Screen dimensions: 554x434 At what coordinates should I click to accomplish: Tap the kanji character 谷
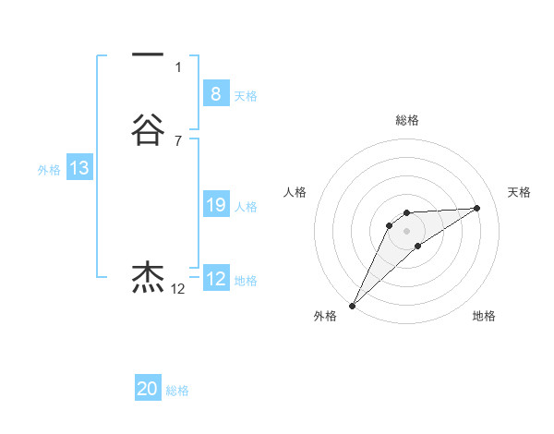(x=148, y=130)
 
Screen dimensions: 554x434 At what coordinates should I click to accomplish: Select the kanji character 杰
(x=148, y=276)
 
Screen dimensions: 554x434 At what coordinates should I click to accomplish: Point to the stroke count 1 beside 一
(x=178, y=66)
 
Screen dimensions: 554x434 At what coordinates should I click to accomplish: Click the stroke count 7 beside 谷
(x=178, y=140)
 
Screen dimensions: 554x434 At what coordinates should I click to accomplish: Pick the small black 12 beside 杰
(x=178, y=289)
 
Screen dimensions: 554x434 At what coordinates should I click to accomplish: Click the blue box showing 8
(x=215, y=94)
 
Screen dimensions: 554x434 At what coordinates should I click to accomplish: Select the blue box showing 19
(x=215, y=205)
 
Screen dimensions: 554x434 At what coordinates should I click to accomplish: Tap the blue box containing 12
(x=215, y=279)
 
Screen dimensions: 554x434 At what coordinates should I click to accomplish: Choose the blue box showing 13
(x=79, y=168)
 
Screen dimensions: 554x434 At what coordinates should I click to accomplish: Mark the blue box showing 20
(x=148, y=390)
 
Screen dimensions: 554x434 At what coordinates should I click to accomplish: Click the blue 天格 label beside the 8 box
(x=246, y=96)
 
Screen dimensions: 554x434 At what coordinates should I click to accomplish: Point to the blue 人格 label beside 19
(x=246, y=207)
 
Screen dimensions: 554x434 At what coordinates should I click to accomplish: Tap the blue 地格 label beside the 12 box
(x=246, y=281)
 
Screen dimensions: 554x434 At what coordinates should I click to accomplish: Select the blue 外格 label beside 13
(x=49, y=170)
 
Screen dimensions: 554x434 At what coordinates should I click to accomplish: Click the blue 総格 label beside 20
(x=177, y=392)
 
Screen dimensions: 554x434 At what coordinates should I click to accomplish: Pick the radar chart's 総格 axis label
(x=406, y=120)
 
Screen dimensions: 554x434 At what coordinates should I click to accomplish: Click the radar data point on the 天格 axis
(x=477, y=208)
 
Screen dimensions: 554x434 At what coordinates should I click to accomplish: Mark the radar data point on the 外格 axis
(x=352, y=306)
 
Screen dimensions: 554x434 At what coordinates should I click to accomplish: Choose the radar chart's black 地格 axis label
(x=485, y=317)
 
